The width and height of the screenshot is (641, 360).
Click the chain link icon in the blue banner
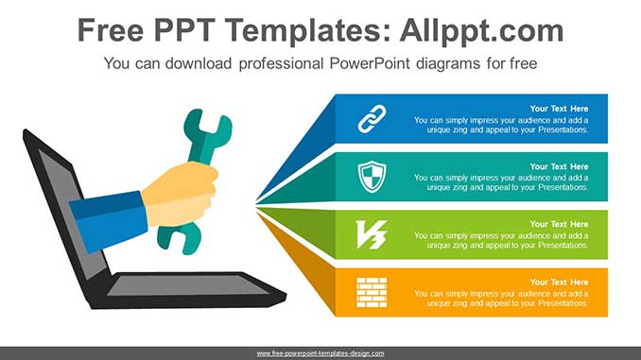[x=372, y=119]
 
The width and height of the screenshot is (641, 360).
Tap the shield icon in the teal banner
[x=372, y=176]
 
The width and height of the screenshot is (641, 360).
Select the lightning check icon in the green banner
[x=372, y=233]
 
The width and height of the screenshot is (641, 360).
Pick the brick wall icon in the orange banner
[x=372, y=291]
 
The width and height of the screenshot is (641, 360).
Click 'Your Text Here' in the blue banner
[x=559, y=109]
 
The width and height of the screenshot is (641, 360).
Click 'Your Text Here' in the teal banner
[x=559, y=166]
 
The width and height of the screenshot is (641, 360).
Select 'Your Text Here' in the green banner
[x=559, y=224]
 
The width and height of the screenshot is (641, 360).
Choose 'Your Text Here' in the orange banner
[x=559, y=282]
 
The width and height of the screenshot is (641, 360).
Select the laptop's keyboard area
[x=189, y=285]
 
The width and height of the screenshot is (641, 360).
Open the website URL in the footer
[x=320, y=353]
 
